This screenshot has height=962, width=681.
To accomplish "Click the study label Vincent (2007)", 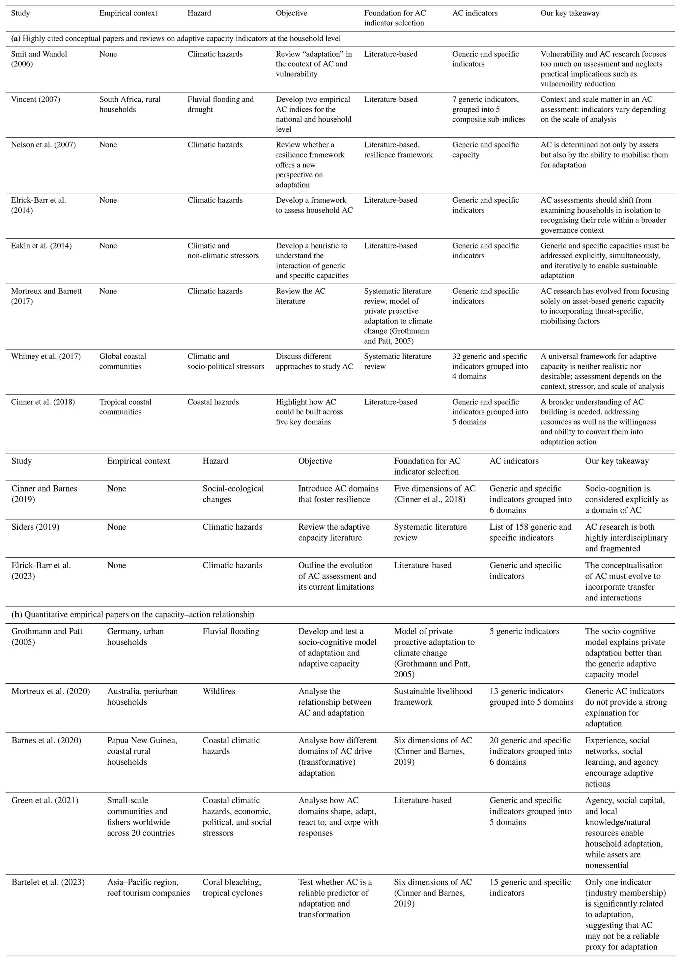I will click(x=35, y=99).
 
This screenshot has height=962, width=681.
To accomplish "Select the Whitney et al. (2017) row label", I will click(x=46, y=356).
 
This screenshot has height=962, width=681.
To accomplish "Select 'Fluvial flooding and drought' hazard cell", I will click(x=220, y=104).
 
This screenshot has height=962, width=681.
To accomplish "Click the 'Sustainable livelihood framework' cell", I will click(x=433, y=696).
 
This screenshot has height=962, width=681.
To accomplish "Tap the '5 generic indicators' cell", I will click(x=524, y=631).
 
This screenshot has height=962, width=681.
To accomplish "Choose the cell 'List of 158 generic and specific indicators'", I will click(x=530, y=532).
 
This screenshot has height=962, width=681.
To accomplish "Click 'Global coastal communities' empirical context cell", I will click(x=123, y=361).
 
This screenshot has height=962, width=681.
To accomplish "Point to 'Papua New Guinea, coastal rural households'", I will click(x=142, y=751).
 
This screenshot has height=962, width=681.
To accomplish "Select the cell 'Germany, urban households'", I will click(x=135, y=637).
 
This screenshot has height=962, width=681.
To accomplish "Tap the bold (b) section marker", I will click(x=17, y=614).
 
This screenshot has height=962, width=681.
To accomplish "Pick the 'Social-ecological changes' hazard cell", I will click(x=233, y=494).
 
